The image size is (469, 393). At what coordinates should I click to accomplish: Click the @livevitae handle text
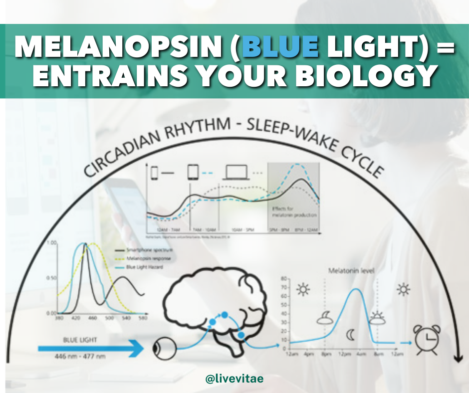(234, 379)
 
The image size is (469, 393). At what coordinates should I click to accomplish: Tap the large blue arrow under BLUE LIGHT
(90, 349)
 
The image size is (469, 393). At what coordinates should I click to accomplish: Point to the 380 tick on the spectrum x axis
(59, 318)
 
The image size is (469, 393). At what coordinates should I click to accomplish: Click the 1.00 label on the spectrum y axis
(51, 243)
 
